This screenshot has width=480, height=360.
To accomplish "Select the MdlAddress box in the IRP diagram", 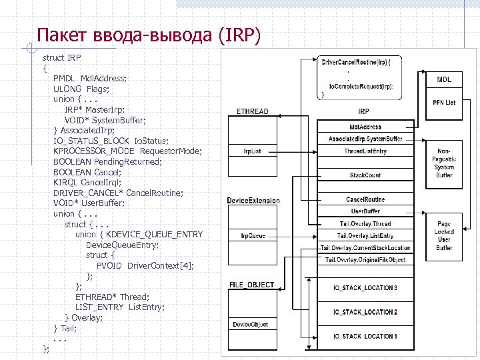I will click(365, 127).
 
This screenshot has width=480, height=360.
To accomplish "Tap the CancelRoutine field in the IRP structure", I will click(365, 199).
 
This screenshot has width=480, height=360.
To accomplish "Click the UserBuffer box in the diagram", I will click(365, 211).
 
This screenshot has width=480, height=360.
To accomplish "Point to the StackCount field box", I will click(365, 175).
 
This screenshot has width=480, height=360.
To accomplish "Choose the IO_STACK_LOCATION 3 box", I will click(365, 288).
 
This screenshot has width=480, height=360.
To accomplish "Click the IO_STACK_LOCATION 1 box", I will click(365, 336).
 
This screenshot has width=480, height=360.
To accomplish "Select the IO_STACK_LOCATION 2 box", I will click(365, 312).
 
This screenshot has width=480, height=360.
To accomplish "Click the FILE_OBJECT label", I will click(251, 285).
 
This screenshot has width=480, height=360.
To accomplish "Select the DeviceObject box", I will click(250, 325).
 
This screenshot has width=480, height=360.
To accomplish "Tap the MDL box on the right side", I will click(444, 79).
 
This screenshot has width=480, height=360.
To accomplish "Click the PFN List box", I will click(444, 103).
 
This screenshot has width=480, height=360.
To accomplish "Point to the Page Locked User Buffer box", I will click(444, 235).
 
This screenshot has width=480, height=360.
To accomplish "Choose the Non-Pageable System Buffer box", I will click(444, 163).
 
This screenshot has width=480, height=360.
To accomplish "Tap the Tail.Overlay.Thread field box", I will click(365, 224).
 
